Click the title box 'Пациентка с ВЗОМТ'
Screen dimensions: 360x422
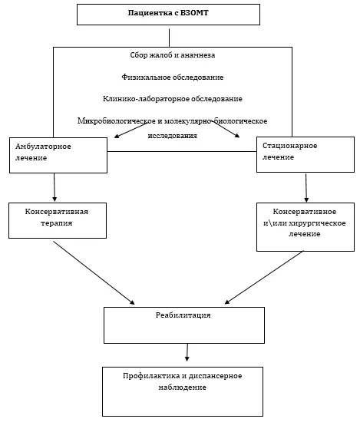[168, 15]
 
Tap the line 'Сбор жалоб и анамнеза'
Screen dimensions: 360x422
[173, 55]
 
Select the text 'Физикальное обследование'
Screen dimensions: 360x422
[173, 77]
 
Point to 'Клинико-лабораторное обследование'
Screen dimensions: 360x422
[173, 99]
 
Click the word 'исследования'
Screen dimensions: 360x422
[173, 135]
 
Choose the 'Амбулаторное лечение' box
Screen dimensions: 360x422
[58, 155]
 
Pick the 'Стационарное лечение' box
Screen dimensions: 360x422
[306, 154]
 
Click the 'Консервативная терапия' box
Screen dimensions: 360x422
[58, 220]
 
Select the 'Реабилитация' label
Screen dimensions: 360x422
[183, 315]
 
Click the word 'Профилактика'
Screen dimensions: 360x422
[150, 376]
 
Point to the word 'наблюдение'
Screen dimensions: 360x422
[182, 387]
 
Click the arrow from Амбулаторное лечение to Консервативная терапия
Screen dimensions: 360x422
[54, 187]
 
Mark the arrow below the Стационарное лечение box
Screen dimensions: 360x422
[306, 188]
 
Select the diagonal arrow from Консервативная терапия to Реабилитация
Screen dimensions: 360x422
[94, 273]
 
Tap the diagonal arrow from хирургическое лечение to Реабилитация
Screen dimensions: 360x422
[264, 278]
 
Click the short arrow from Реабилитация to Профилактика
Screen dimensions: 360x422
[187, 352]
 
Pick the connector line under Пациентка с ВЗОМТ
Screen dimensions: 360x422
[169, 38]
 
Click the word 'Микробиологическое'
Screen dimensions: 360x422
[117, 120]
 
